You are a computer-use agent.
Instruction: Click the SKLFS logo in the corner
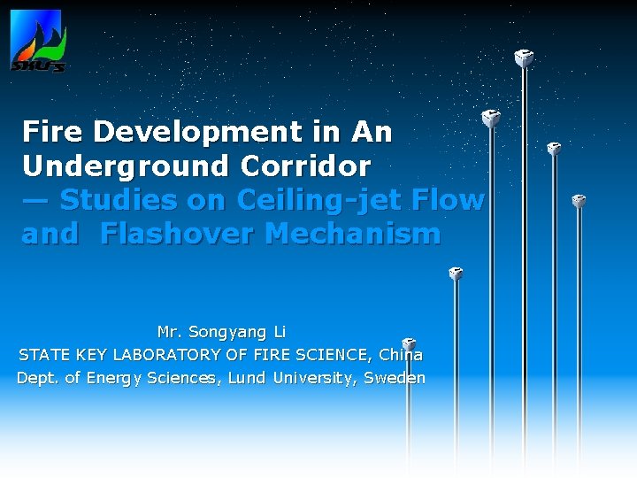[x=36, y=41]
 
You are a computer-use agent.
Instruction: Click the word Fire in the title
[x=53, y=132]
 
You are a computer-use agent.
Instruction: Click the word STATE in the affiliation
[x=42, y=355]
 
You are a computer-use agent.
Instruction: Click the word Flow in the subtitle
[x=452, y=201]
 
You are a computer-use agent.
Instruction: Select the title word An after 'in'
[x=372, y=132]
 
